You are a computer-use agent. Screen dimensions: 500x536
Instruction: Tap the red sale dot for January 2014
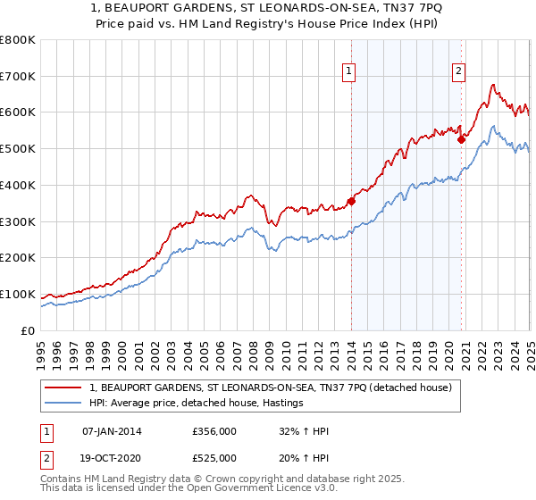tap(351, 201)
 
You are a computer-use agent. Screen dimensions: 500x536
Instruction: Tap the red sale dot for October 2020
tap(462, 139)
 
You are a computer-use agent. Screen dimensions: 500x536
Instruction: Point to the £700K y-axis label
tap(18, 76)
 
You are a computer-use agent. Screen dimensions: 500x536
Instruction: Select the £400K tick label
tap(18, 185)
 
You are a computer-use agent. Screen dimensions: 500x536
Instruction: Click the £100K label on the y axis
tap(18, 294)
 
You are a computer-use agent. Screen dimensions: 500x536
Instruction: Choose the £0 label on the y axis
tap(27, 330)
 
